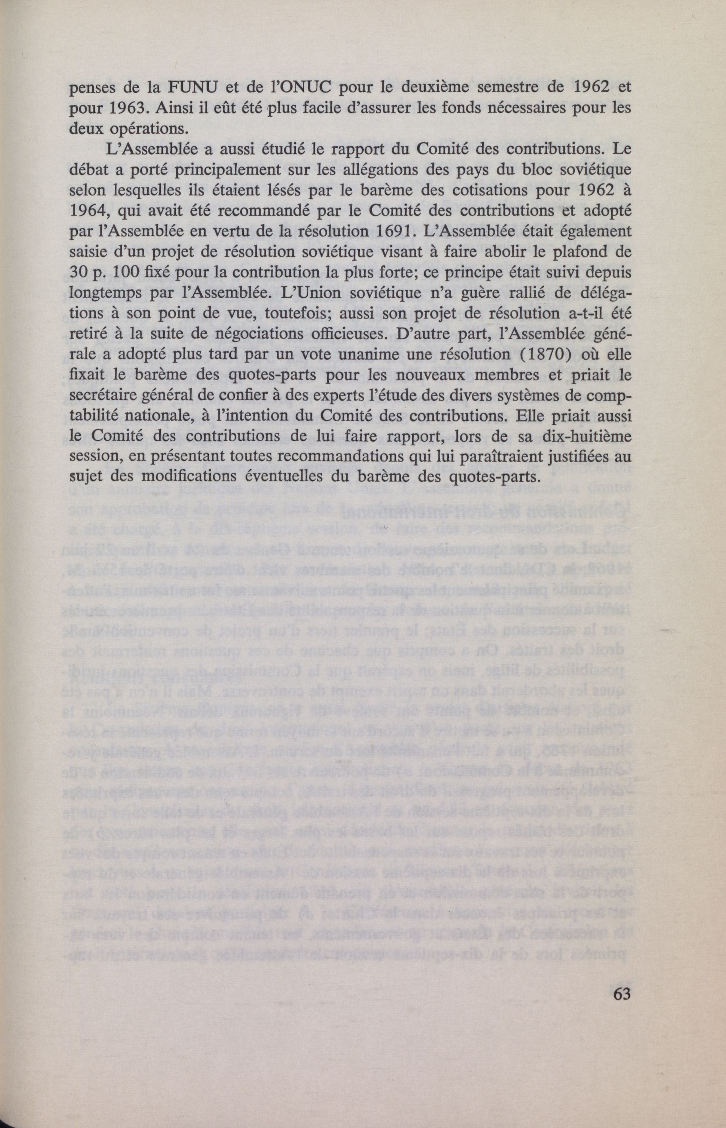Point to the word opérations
[150, 129]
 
